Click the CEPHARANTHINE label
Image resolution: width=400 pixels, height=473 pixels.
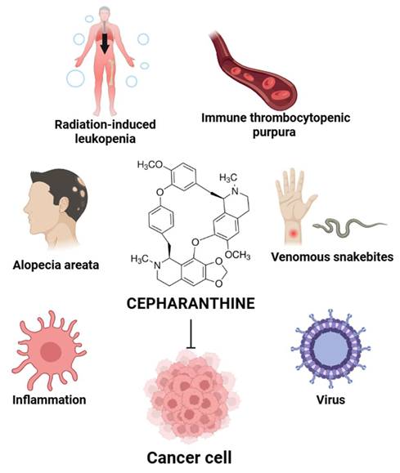[191, 303]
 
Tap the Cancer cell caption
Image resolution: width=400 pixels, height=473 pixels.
[190, 457]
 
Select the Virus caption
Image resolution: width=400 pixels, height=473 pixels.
[330, 399]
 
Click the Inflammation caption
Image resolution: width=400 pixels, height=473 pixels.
[49, 399]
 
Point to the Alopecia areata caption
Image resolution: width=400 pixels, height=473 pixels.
[56, 265]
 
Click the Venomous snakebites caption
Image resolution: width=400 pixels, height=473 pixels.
[332, 257]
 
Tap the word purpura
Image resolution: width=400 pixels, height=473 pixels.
[274, 133]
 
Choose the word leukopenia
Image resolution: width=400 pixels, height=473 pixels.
[106, 139]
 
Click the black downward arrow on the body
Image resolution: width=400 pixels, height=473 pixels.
[105, 43]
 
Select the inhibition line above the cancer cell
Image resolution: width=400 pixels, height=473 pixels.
[191, 334]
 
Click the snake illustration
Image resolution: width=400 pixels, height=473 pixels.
[349, 227]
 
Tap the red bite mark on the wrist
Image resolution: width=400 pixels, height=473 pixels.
[293, 233]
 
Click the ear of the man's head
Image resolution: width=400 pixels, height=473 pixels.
[64, 205]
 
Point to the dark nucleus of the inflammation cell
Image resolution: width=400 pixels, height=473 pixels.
[51, 352]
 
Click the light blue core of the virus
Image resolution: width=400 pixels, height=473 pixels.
[330, 349]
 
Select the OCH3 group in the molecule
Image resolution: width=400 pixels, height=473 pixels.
[238, 255]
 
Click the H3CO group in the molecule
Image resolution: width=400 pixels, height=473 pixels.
[150, 165]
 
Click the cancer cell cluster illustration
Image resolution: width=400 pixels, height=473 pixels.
[191, 396]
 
